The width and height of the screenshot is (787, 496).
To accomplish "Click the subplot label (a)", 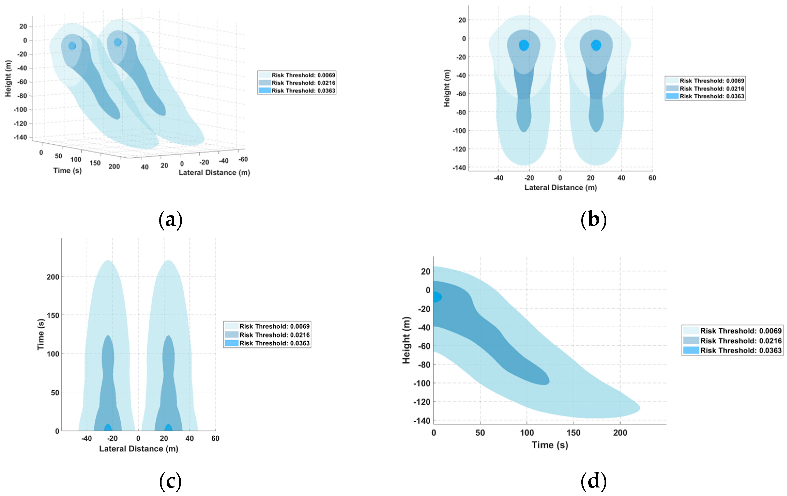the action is click(170, 220).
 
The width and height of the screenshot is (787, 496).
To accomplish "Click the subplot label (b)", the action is click(593, 220).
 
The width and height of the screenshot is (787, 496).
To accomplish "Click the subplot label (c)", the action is click(170, 482).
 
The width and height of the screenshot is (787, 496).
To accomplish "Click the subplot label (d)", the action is click(593, 481).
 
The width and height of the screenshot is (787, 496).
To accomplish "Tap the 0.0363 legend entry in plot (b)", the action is click(705, 96).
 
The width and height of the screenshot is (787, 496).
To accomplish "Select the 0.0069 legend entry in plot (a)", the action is click(297, 75).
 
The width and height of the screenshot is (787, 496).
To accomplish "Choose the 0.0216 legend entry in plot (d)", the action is click(732, 341).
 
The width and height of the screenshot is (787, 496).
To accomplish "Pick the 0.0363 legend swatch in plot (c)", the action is click(231, 343).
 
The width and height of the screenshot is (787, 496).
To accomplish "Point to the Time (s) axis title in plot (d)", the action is click(550, 445).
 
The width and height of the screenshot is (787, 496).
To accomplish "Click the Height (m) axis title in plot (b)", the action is click(447, 88).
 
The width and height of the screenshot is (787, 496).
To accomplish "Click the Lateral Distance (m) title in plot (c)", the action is click(139, 449).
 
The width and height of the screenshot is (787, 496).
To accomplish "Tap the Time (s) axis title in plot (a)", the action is click(68, 171).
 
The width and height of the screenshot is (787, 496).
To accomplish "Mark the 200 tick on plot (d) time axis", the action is click(620, 433).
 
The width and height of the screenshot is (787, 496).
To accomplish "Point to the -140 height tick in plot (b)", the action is click(459, 168).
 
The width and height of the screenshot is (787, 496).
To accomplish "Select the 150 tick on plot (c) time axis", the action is click(53, 315).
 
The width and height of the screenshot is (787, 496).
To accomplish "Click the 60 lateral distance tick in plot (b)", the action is click(652, 178).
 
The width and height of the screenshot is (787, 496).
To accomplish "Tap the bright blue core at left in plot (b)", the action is click(524, 45).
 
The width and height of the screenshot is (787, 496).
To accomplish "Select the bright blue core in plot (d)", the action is click(437, 297).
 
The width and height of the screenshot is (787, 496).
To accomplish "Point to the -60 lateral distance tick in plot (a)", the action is click(243, 159).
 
